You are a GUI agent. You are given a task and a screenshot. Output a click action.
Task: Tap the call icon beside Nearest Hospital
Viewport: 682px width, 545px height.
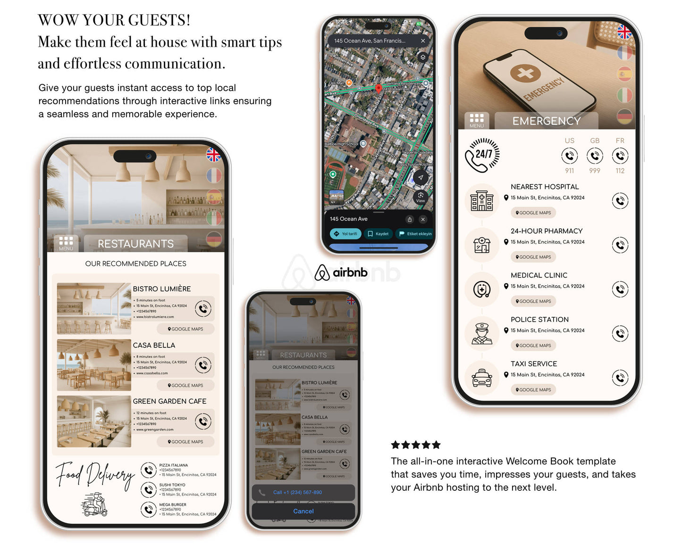tap(620, 201)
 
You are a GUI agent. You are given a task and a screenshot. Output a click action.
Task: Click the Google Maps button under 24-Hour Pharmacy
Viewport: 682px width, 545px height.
tap(533, 257)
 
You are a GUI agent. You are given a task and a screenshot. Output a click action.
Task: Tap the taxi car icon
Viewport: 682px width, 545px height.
tap(482, 378)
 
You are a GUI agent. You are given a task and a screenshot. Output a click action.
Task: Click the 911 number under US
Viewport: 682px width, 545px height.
tap(569, 171)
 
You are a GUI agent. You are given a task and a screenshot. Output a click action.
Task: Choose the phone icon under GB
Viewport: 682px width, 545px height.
tap(595, 156)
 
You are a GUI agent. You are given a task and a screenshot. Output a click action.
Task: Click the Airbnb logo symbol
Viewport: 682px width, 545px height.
tap(322, 272)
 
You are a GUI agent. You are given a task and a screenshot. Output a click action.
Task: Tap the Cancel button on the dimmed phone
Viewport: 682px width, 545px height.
tap(303, 511)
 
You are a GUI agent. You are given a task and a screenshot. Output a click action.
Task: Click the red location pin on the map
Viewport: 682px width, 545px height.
tap(378, 88)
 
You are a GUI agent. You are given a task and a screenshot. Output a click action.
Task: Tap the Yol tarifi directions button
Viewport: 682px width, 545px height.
tap(345, 233)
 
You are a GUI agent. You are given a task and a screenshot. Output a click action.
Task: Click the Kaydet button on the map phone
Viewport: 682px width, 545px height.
tap(378, 233)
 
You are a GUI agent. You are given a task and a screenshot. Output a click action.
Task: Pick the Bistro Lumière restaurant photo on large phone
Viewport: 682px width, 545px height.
tap(94, 308)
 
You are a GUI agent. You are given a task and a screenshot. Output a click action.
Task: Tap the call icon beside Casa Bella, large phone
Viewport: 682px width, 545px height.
tap(203, 365)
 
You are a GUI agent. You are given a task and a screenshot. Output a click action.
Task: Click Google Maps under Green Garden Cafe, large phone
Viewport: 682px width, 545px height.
tap(185, 442)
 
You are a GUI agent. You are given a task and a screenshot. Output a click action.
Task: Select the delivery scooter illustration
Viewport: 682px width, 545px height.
tap(95, 504)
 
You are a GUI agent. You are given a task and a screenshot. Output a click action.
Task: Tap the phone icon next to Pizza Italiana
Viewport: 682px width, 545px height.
tap(149, 470)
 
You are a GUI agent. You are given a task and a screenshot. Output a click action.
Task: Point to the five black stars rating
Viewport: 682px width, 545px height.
tap(415, 445)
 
